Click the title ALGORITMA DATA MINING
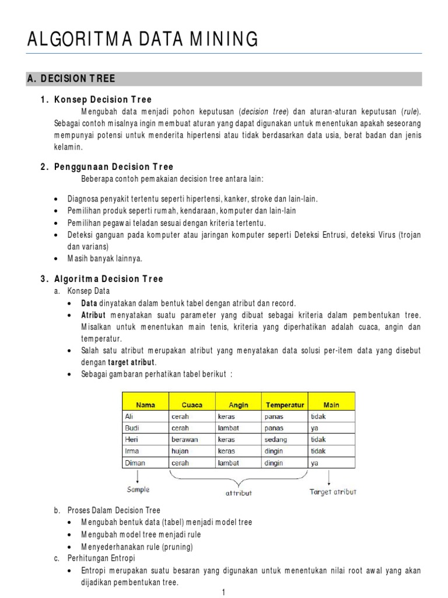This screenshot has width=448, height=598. (x=143, y=39)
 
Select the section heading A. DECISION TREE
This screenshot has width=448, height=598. (x=72, y=79)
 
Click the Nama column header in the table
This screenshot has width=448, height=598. (x=145, y=404)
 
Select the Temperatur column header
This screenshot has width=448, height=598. (x=285, y=404)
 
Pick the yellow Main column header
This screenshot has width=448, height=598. (x=331, y=404)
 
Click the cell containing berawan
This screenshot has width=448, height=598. (x=184, y=440)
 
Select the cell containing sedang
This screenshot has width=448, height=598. (x=275, y=440)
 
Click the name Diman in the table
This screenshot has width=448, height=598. (x=135, y=463)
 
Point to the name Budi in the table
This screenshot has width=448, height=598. (x=133, y=428)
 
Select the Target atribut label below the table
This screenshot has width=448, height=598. (x=332, y=492)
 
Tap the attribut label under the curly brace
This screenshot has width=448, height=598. (x=239, y=493)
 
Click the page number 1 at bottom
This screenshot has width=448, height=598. (x=223, y=593)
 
